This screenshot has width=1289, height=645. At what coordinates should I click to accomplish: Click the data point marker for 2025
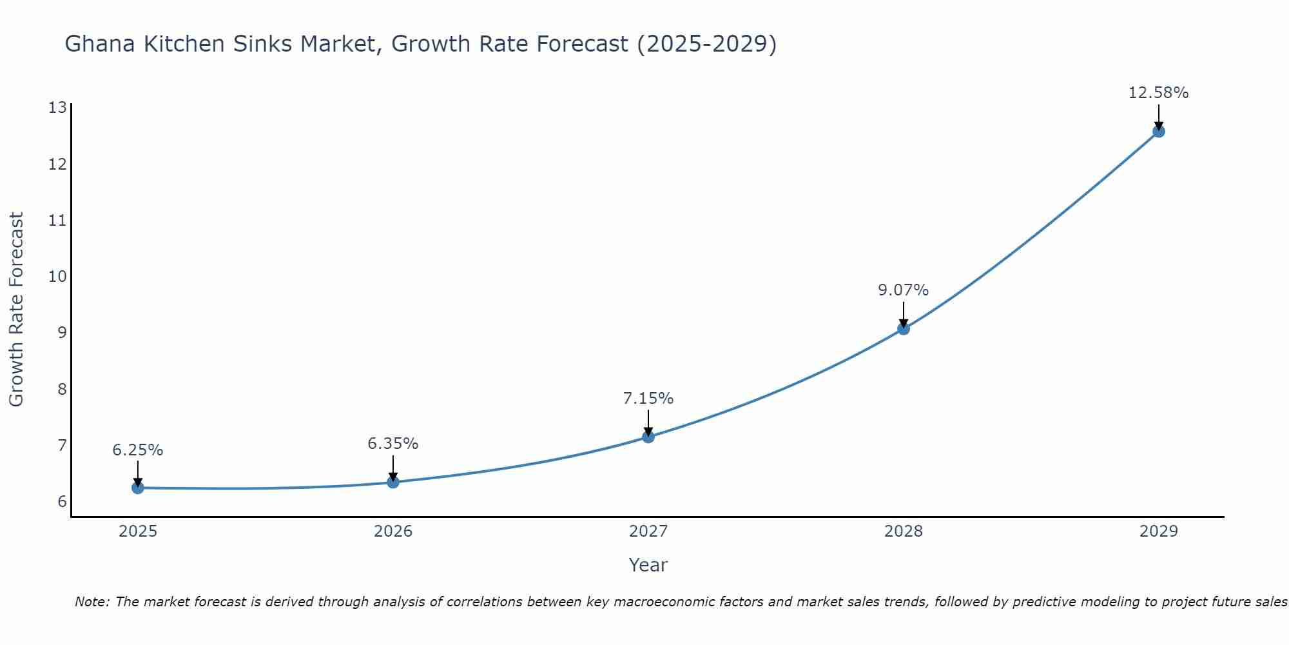click(138, 488)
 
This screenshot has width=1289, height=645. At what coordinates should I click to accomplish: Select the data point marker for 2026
click(393, 482)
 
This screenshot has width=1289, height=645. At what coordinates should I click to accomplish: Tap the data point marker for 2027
click(648, 437)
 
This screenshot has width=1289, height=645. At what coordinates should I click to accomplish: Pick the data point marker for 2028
click(904, 328)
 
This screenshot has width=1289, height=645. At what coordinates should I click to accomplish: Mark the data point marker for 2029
click(1158, 131)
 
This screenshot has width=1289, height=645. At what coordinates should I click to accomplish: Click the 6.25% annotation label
click(138, 450)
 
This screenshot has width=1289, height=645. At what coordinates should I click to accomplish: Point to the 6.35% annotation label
click(393, 444)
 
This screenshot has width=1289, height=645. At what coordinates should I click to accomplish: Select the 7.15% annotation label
click(648, 399)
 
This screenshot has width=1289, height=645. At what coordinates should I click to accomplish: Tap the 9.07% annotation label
click(904, 290)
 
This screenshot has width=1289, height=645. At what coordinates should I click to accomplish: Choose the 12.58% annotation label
click(1158, 93)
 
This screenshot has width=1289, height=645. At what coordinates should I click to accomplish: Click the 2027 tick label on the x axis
click(648, 531)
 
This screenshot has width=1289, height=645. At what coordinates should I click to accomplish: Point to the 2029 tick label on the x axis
click(1158, 531)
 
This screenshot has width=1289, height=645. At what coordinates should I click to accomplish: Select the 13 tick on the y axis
click(57, 108)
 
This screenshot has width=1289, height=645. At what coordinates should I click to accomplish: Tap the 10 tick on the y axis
click(57, 277)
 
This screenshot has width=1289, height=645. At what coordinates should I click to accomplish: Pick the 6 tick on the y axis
click(62, 502)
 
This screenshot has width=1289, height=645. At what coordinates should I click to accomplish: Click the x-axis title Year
click(648, 565)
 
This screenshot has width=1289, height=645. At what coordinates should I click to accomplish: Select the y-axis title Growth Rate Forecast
click(16, 310)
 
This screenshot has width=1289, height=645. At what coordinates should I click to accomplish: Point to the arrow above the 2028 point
click(904, 313)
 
